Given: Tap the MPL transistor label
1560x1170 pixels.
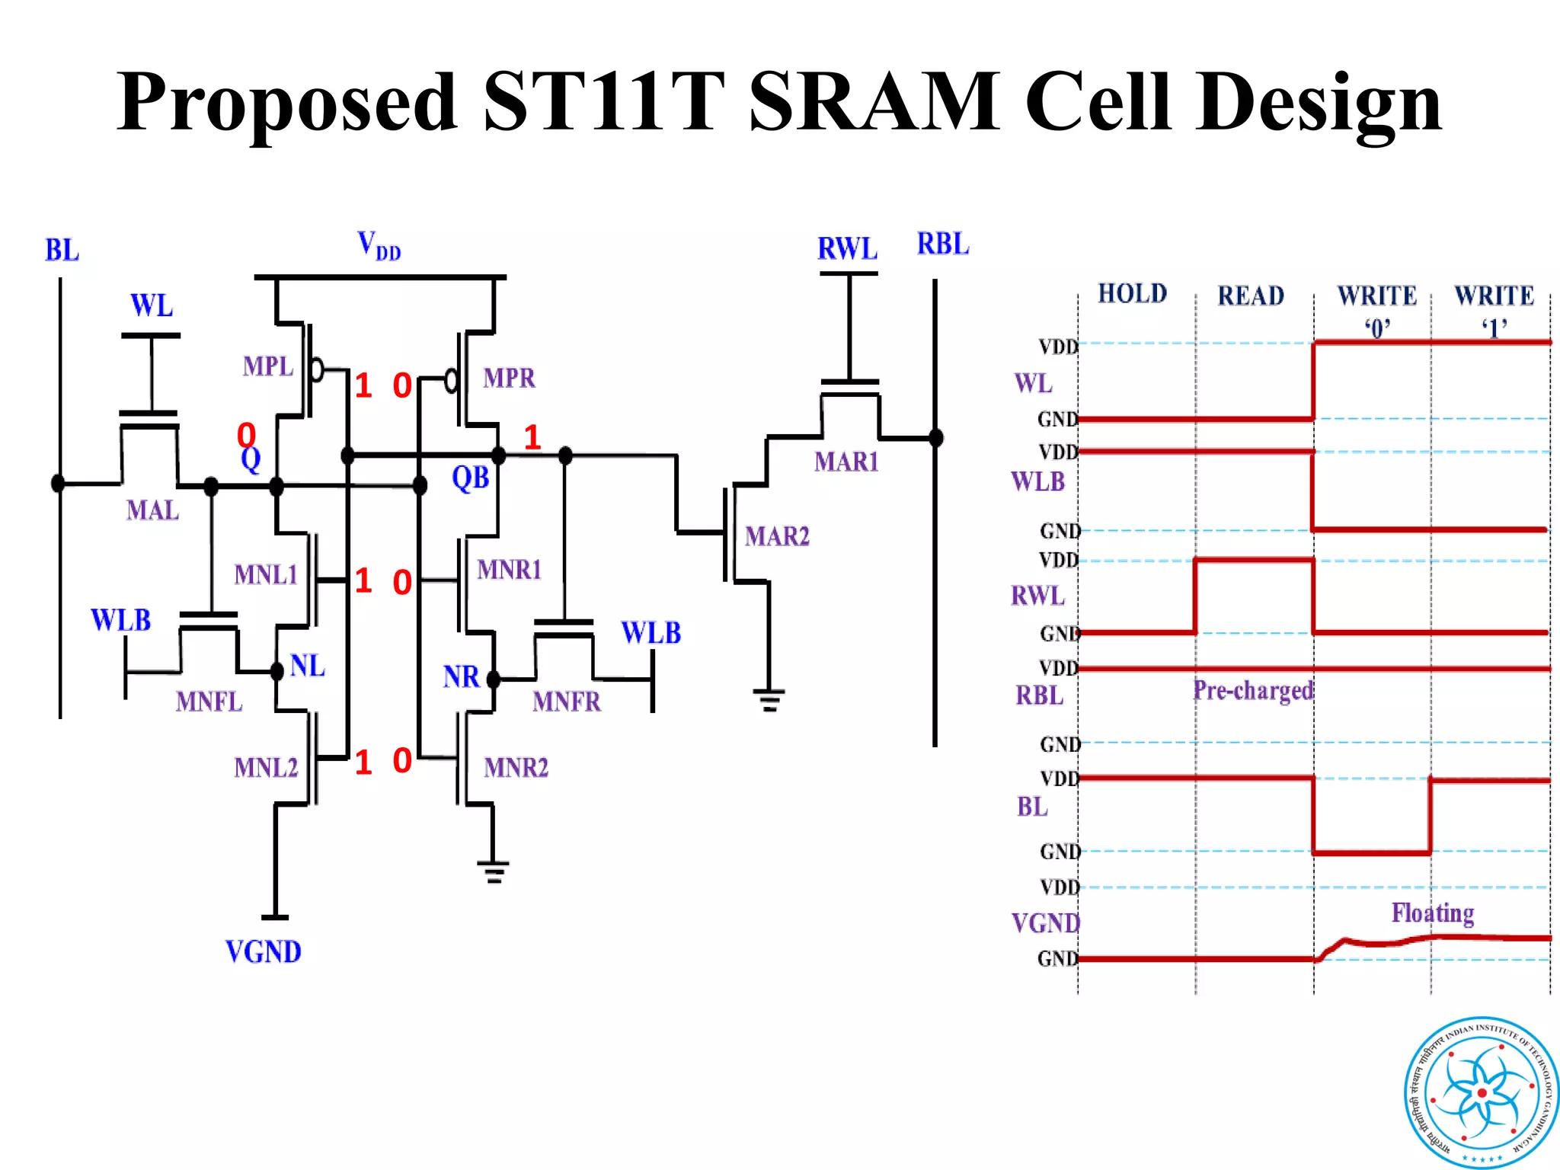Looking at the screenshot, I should (267, 366).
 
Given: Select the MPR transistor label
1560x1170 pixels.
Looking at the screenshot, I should (509, 378).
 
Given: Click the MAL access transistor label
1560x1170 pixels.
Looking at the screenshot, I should (152, 510).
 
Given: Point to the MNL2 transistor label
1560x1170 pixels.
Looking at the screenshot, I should (265, 767).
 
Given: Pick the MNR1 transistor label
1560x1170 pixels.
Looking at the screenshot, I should (509, 570).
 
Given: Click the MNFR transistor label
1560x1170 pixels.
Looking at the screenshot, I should (567, 702).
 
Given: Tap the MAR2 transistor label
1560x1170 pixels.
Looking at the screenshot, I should (777, 536).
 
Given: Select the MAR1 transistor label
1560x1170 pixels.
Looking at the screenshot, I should (846, 462).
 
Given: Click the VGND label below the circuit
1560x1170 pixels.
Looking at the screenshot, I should (264, 952).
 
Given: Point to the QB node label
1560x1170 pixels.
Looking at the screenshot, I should (470, 478).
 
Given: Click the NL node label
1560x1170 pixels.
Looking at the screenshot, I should (308, 667).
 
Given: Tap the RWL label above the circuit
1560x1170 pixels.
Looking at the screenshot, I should (847, 248).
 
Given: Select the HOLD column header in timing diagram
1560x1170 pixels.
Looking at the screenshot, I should (1132, 294).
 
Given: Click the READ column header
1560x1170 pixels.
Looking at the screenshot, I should (1251, 296).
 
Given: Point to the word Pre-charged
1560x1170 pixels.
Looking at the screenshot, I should (1253, 690).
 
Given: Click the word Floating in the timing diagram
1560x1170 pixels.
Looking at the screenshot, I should (1432, 913).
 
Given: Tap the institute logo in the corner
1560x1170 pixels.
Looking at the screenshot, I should (1481, 1092).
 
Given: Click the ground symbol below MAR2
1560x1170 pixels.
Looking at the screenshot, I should (769, 699).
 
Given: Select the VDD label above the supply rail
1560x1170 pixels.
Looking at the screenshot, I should (379, 246).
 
